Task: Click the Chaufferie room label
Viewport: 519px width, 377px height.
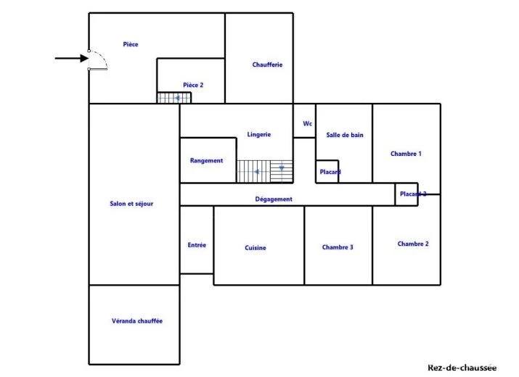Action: [x=267, y=65]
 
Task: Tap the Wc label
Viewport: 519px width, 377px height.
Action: [x=308, y=124]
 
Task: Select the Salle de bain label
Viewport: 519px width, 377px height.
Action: [x=345, y=135]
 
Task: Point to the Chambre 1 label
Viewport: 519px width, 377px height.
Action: [x=406, y=154]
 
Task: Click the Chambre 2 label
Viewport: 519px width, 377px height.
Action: [x=413, y=244]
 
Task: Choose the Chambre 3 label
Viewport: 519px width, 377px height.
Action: [x=338, y=247]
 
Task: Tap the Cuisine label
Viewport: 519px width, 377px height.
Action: [x=256, y=248]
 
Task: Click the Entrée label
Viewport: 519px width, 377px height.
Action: [x=197, y=245]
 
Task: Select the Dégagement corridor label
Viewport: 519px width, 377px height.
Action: [x=274, y=199]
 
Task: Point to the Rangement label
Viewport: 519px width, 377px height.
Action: [x=207, y=161]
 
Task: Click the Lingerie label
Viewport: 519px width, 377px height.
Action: [x=259, y=135]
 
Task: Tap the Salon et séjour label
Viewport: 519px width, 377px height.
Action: [x=131, y=204]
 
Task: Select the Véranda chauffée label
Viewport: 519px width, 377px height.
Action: [x=137, y=320]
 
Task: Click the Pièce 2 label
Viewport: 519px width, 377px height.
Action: [x=193, y=85]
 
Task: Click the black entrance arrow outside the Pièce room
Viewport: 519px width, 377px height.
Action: [x=71, y=59]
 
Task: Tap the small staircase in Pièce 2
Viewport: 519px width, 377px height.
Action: [x=174, y=98]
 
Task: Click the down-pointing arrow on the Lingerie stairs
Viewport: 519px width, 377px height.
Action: [x=282, y=168]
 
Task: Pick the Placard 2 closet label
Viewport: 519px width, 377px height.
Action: [x=413, y=194]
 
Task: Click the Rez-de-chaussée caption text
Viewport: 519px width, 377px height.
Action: [x=462, y=368]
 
